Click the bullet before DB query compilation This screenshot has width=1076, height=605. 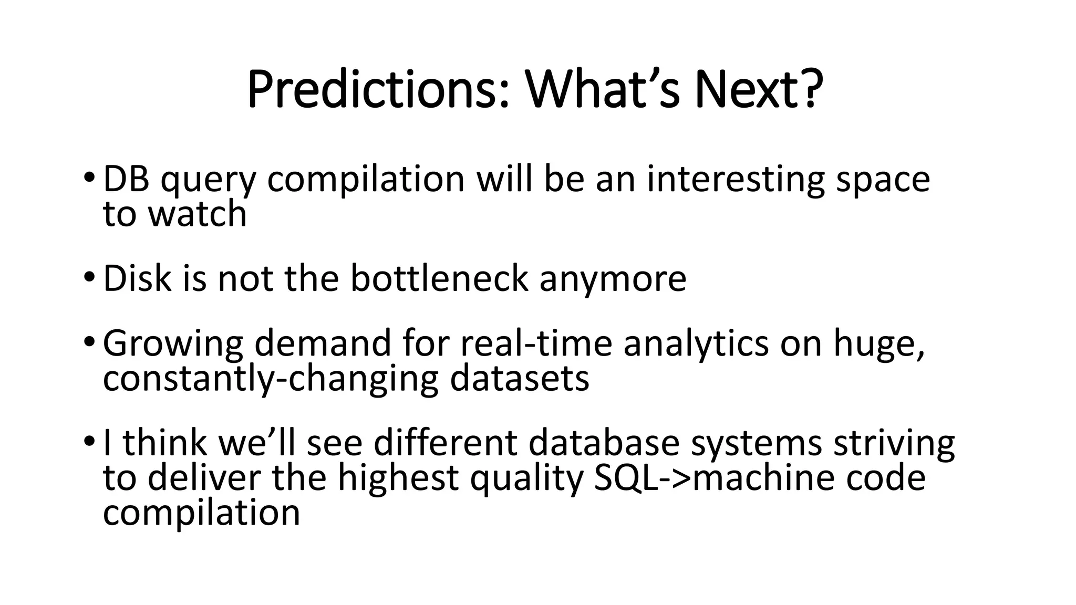click(88, 177)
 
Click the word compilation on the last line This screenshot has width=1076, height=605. click(201, 513)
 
